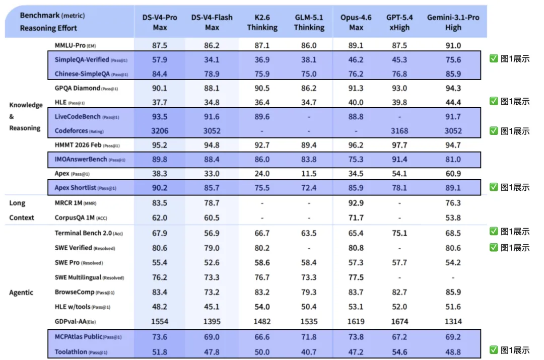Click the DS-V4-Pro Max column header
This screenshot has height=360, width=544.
click(x=160, y=22)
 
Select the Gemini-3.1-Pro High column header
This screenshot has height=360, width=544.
click(x=453, y=22)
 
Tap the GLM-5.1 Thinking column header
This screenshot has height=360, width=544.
click(x=309, y=22)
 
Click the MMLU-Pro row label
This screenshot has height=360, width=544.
click(x=75, y=45)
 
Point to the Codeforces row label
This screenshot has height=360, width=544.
click(x=79, y=131)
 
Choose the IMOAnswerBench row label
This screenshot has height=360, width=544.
click(x=90, y=159)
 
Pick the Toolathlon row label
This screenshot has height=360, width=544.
click(x=81, y=351)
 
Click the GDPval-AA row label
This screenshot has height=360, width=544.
click(x=75, y=322)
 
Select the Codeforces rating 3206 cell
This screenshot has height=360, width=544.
click(x=160, y=131)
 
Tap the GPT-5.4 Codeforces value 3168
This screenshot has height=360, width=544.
click(x=399, y=131)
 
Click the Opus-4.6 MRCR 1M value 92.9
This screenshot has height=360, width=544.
click(x=356, y=203)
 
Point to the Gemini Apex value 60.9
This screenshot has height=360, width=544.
click(x=453, y=173)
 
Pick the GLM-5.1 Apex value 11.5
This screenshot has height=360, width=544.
click(x=309, y=173)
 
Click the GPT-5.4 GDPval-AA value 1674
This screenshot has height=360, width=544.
click(x=399, y=322)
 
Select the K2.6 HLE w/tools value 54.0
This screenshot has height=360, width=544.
click(x=262, y=307)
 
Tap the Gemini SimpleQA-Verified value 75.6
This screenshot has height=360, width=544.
click(x=453, y=59)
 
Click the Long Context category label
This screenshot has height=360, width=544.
click(x=22, y=210)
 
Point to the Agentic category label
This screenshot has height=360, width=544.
click(x=21, y=293)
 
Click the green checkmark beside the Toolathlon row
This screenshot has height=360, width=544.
click(x=494, y=349)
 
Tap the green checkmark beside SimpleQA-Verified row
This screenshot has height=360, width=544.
click(x=494, y=58)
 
